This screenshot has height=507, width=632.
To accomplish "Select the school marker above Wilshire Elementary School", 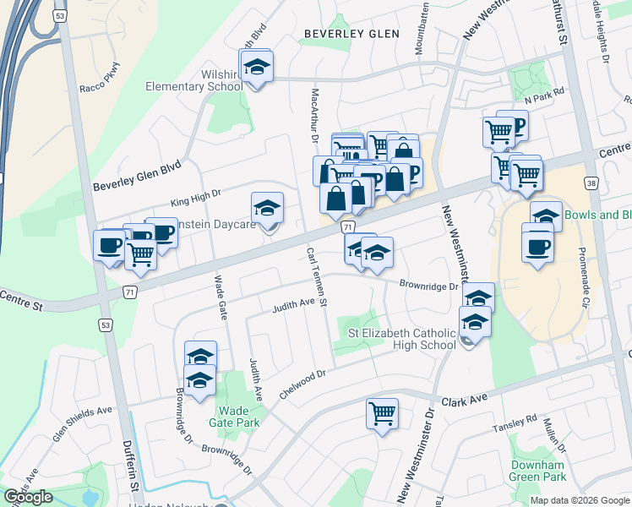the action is (x=257, y=65).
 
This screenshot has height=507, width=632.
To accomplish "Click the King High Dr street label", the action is (x=195, y=196).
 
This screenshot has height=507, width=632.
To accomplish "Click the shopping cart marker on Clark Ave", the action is (x=382, y=414).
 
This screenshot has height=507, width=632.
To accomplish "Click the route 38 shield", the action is (x=590, y=183).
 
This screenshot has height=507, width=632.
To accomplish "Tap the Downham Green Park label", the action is (x=537, y=471).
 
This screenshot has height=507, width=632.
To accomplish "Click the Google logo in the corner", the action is (x=29, y=497).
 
